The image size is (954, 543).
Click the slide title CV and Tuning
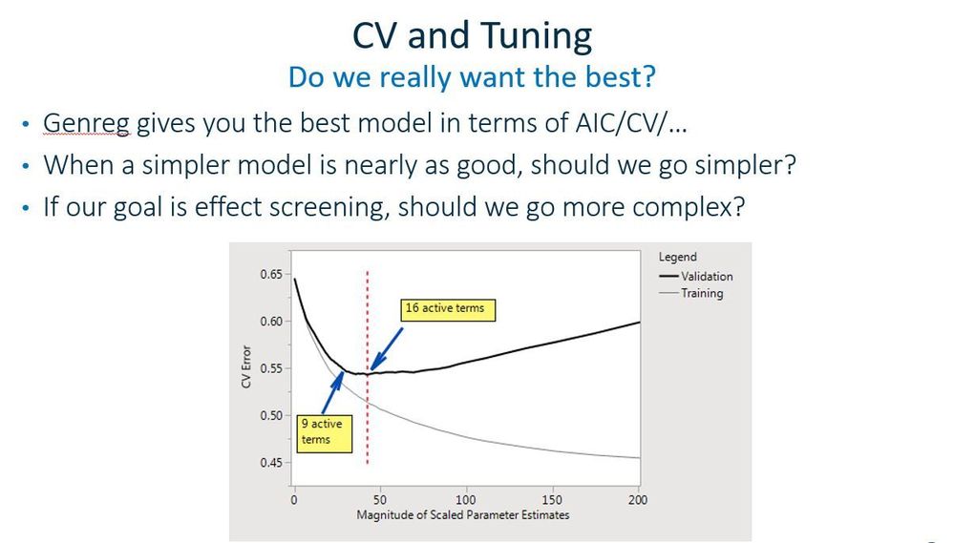[472, 36]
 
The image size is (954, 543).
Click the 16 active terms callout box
[444, 308]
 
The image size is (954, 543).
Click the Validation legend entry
[707, 276]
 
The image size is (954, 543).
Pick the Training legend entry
[702, 293]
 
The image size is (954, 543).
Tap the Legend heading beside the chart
[677, 257]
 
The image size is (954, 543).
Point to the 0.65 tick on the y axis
[271, 275]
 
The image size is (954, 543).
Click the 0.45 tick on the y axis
[271, 463]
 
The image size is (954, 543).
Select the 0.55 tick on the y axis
[271, 369]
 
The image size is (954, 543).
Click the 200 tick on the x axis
[638, 499]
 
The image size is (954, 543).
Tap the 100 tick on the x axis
[466, 499]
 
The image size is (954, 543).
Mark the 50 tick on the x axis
[380, 499]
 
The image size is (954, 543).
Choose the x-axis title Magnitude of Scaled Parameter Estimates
[462, 515]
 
